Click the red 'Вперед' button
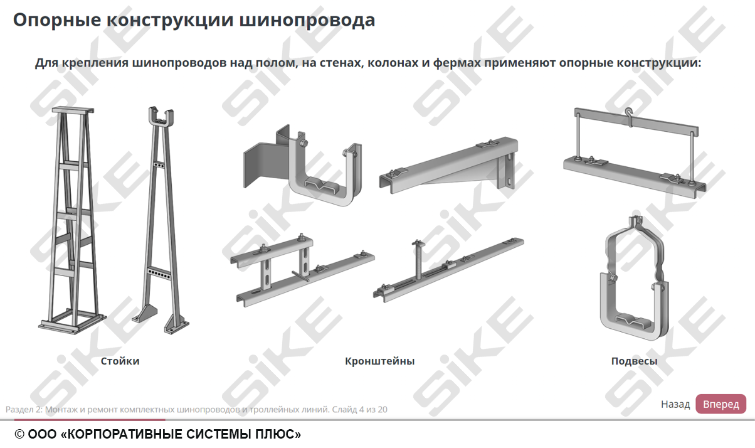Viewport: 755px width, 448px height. [721, 404]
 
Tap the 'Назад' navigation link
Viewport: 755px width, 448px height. [675, 404]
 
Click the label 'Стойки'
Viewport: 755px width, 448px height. [120, 361]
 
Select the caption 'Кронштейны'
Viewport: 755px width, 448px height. [379, 361]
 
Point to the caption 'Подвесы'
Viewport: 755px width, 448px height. [635, 361]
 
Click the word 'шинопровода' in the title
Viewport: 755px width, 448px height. [307, 20]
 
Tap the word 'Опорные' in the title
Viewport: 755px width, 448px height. [57, 20]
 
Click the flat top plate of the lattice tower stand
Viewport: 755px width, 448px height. [73, 110]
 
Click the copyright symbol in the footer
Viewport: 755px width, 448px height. [19, 434]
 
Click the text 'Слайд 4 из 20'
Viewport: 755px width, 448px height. [359, 409]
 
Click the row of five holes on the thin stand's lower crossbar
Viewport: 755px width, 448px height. [159, 274]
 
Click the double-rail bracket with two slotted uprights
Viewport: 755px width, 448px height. [302, 270]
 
